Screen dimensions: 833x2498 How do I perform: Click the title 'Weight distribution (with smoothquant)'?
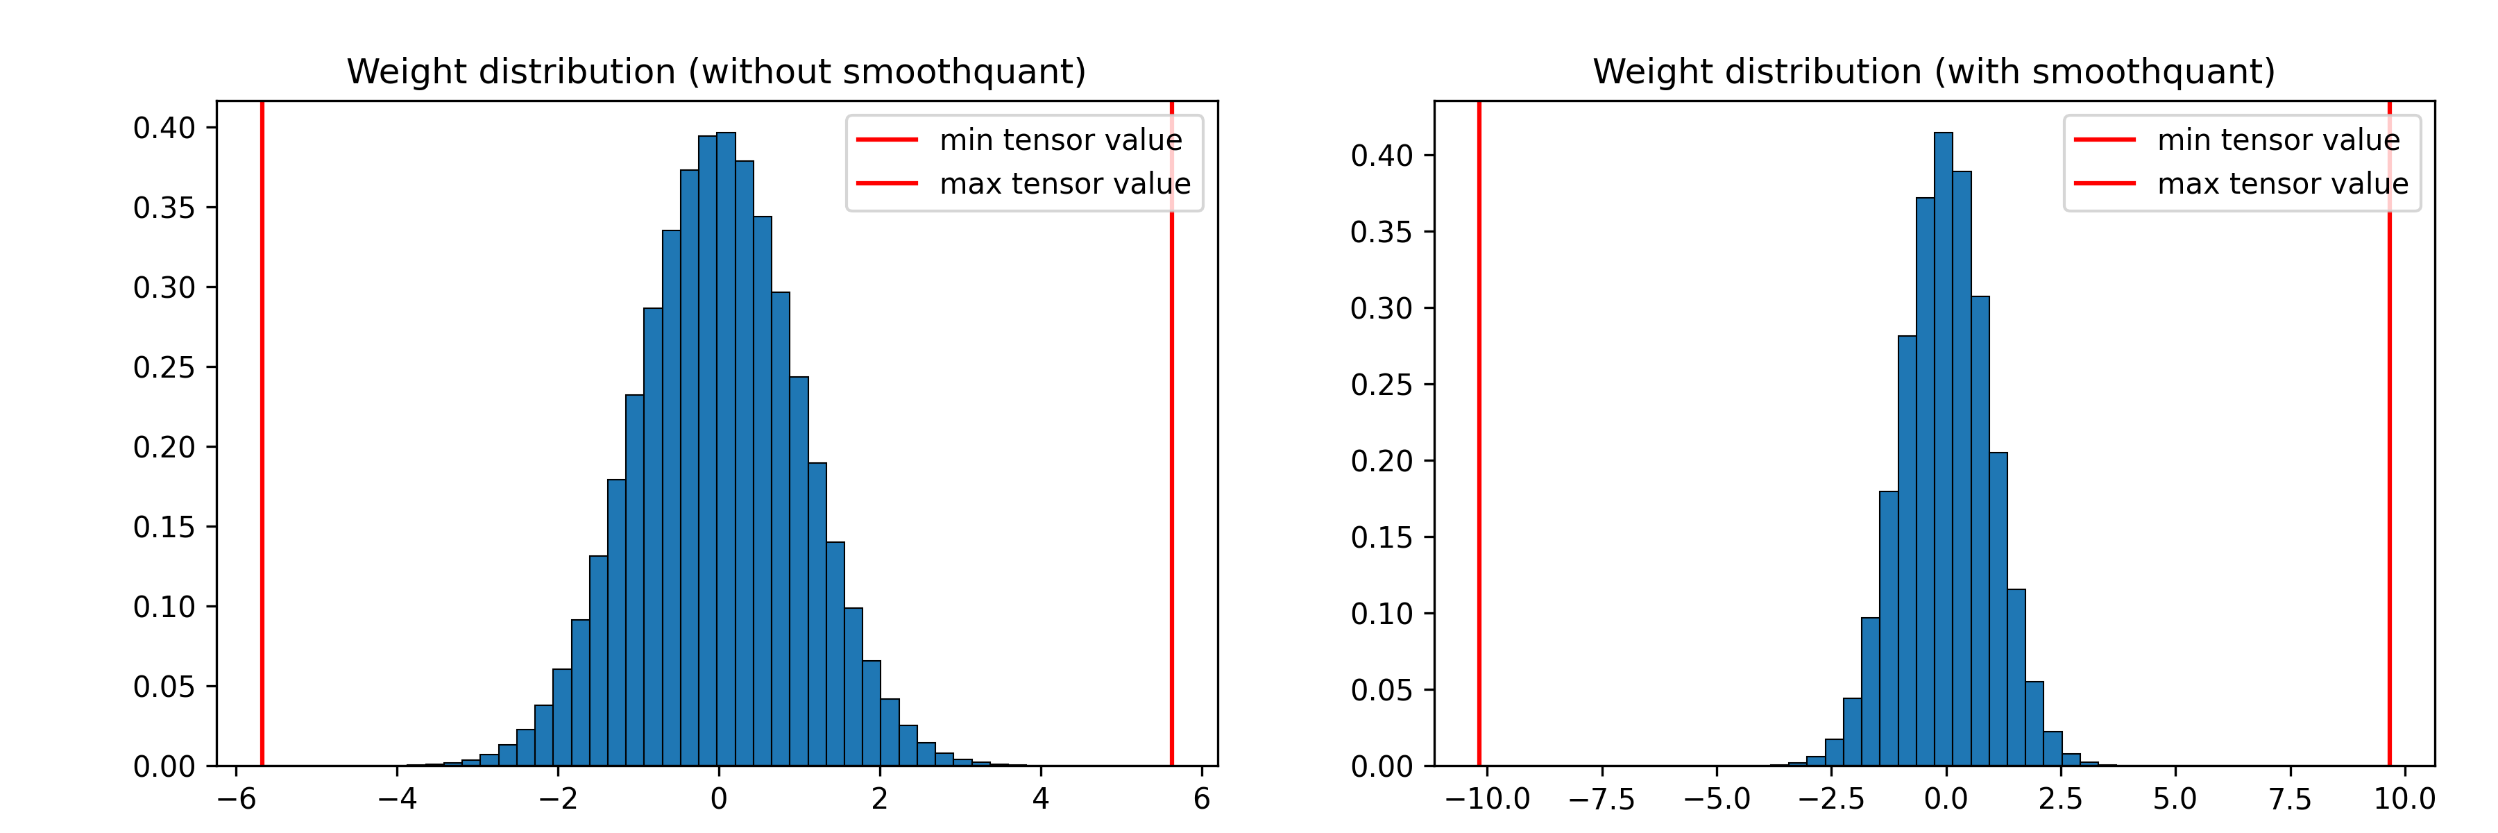pos(1934,71)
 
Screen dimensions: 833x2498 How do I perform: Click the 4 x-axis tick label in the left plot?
pos(1041,799)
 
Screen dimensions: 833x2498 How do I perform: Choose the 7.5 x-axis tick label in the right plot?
pos(2290,799)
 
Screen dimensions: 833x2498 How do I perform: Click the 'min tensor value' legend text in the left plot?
pos(1061,141)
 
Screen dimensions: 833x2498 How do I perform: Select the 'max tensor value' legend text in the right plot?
pos(2283,183)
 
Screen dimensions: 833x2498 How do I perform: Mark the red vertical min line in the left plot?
pos(262,437)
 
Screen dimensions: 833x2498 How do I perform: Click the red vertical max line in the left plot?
pos(1171,485)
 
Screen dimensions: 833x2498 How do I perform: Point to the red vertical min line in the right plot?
pos(1479,437)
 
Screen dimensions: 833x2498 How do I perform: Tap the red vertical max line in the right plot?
pos(2389,485)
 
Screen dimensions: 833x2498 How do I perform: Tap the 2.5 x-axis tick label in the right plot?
pos(2059,799)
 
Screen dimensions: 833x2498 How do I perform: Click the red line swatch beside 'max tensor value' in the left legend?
pos(886,183)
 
